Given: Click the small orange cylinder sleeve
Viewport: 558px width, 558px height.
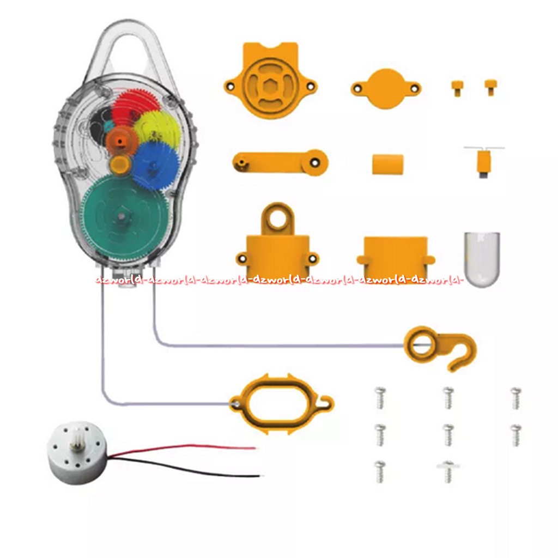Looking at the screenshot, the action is tap(388, 164).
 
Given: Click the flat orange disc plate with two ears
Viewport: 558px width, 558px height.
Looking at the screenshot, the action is tap(386, 88).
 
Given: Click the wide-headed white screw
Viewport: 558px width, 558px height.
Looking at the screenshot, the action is tap(448, 471).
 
